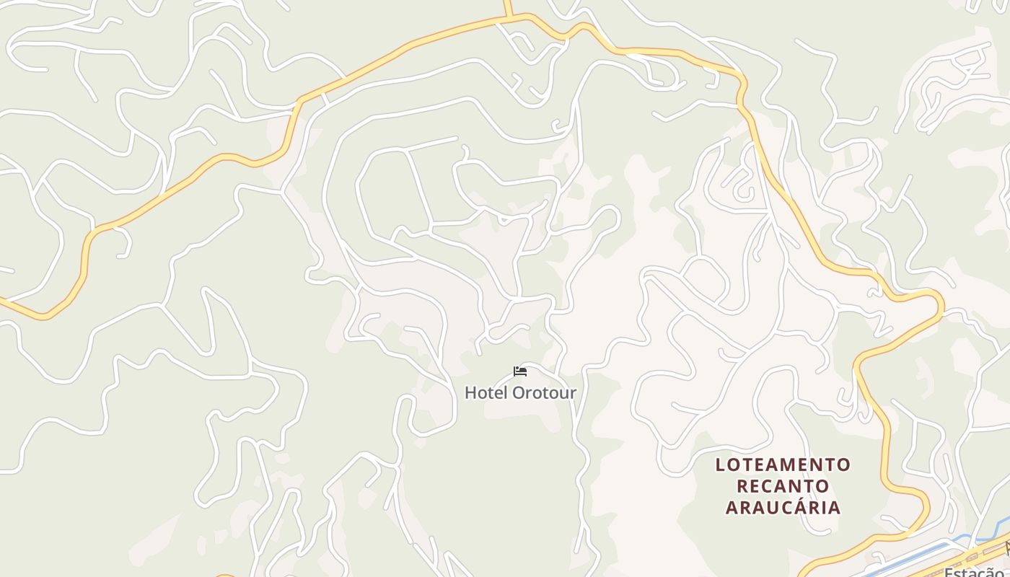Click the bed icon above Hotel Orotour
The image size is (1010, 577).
click(x=520, y=371)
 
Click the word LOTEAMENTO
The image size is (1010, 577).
click(x=783, y=464)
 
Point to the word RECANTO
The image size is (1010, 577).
click(x=783, y=485)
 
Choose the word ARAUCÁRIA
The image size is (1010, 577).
click(x=783, y=507)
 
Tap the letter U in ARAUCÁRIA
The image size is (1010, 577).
click(x=765, y=507)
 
